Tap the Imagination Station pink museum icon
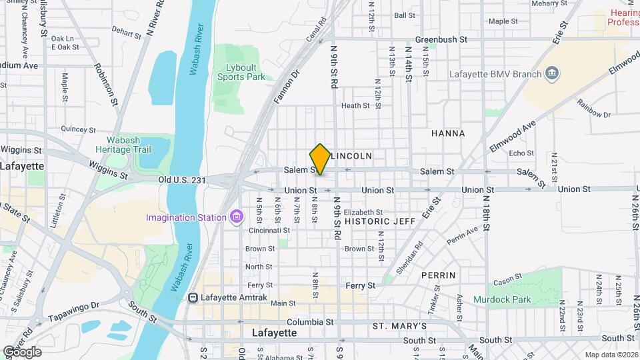click(x=235, y=217)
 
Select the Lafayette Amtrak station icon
click(x=193, y=297)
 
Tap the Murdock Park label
click(x=503, y=299)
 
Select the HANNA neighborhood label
click(x=448, y=133)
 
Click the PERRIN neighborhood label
click(x=439, y=275)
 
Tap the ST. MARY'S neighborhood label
click(x=399, y=326)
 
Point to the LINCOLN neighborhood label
click(x=351, y=155)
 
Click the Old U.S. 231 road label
click(x=183, y=180)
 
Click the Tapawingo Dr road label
click(x=77, y=305)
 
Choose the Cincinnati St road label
click(x=268, y=230)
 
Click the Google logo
click(x=23, y=351)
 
